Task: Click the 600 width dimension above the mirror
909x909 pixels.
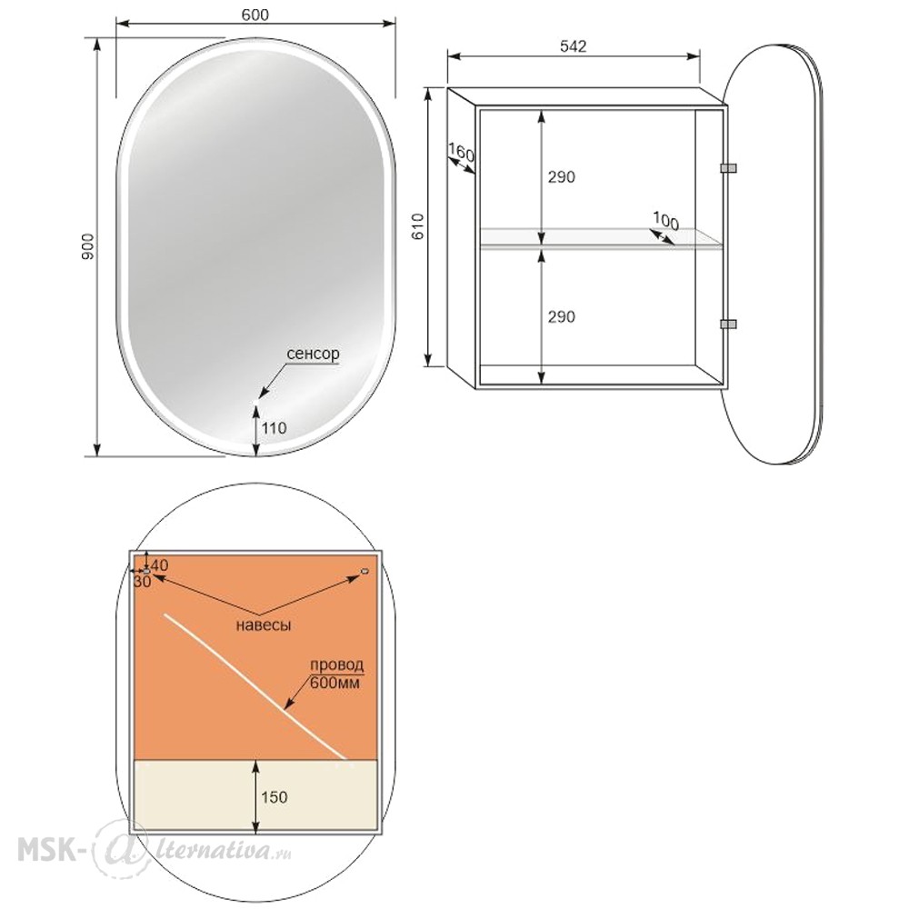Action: pos(255,15)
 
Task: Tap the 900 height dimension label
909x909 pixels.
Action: pos(87,246)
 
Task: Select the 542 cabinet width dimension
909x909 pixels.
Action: pos(573,46)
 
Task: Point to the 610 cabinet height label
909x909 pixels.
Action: pos(418,226)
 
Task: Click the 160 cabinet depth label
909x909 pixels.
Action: pos(462,153)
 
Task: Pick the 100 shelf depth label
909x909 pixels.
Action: pos(665,220)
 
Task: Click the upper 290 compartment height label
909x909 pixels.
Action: pos(561,177)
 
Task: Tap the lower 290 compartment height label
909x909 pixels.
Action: pos(561,317)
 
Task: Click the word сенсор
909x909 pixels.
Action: pos(313,354)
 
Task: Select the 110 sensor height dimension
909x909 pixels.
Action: pos(274,428)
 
